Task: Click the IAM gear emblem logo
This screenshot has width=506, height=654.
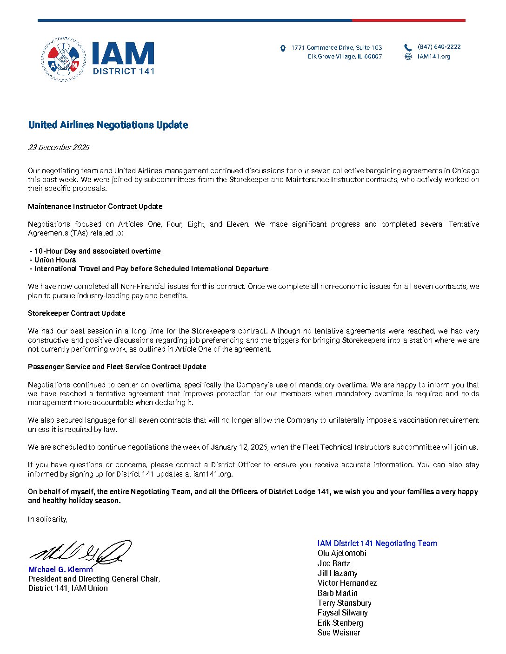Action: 63,59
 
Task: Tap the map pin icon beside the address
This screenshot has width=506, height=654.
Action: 283,48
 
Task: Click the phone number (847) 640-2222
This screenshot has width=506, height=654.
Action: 439,47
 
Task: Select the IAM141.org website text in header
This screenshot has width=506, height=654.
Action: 434,57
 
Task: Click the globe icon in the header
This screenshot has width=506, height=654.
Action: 408,57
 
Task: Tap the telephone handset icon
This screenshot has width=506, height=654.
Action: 408,47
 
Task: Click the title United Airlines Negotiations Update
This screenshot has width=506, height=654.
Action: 108,125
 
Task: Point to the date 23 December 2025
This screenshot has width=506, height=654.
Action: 59,148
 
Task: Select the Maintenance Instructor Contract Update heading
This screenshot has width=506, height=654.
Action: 95,206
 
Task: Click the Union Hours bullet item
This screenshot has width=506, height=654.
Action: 55,260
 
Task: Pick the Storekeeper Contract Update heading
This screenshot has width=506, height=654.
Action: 77,314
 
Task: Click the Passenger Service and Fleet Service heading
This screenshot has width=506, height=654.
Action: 117,367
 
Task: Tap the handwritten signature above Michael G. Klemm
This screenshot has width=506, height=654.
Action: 81,553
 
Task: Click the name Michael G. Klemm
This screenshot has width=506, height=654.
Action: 60,569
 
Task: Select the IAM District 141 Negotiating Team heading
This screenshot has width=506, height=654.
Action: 377,543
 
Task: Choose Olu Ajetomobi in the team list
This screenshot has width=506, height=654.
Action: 342,553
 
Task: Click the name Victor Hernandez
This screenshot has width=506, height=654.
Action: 347,583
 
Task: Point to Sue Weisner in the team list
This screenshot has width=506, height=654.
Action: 339,633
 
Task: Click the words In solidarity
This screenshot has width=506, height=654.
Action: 47,519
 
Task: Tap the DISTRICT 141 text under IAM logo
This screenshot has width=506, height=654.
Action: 123,72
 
